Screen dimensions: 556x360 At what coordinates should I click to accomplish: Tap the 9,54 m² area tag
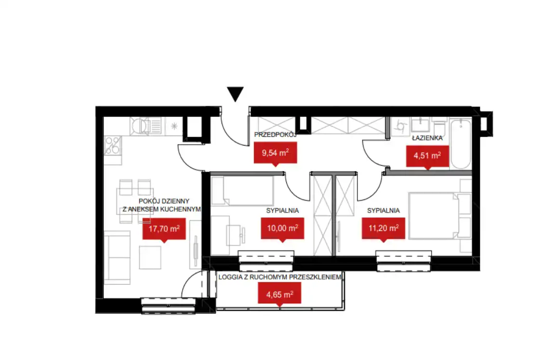[275, 153]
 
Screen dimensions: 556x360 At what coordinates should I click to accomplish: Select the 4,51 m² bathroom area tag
[427, 156]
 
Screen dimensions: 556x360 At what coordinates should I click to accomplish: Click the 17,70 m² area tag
[164, 229]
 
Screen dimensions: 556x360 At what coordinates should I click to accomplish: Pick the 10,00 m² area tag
[282, 228]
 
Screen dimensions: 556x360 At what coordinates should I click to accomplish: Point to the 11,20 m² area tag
[384, 228]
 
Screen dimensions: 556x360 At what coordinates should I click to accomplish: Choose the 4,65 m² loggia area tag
[279, 294]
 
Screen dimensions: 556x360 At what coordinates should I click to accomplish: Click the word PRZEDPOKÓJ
[275, 135]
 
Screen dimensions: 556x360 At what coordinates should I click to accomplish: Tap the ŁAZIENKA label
[427, 138]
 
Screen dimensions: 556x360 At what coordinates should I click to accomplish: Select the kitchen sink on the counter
[146, 126]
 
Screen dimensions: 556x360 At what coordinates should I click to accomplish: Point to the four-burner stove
[113, 146]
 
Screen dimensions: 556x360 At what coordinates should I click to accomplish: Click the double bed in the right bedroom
[440, 215]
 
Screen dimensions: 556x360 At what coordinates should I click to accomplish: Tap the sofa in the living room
[118, 257]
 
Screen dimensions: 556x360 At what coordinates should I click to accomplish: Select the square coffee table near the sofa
[150, 257]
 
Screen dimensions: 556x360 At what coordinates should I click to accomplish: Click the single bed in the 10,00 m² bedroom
[242, 191]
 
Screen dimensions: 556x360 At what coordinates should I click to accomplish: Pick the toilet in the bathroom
[440, 127]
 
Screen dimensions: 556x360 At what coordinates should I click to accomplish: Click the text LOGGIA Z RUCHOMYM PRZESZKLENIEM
[280, 277]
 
